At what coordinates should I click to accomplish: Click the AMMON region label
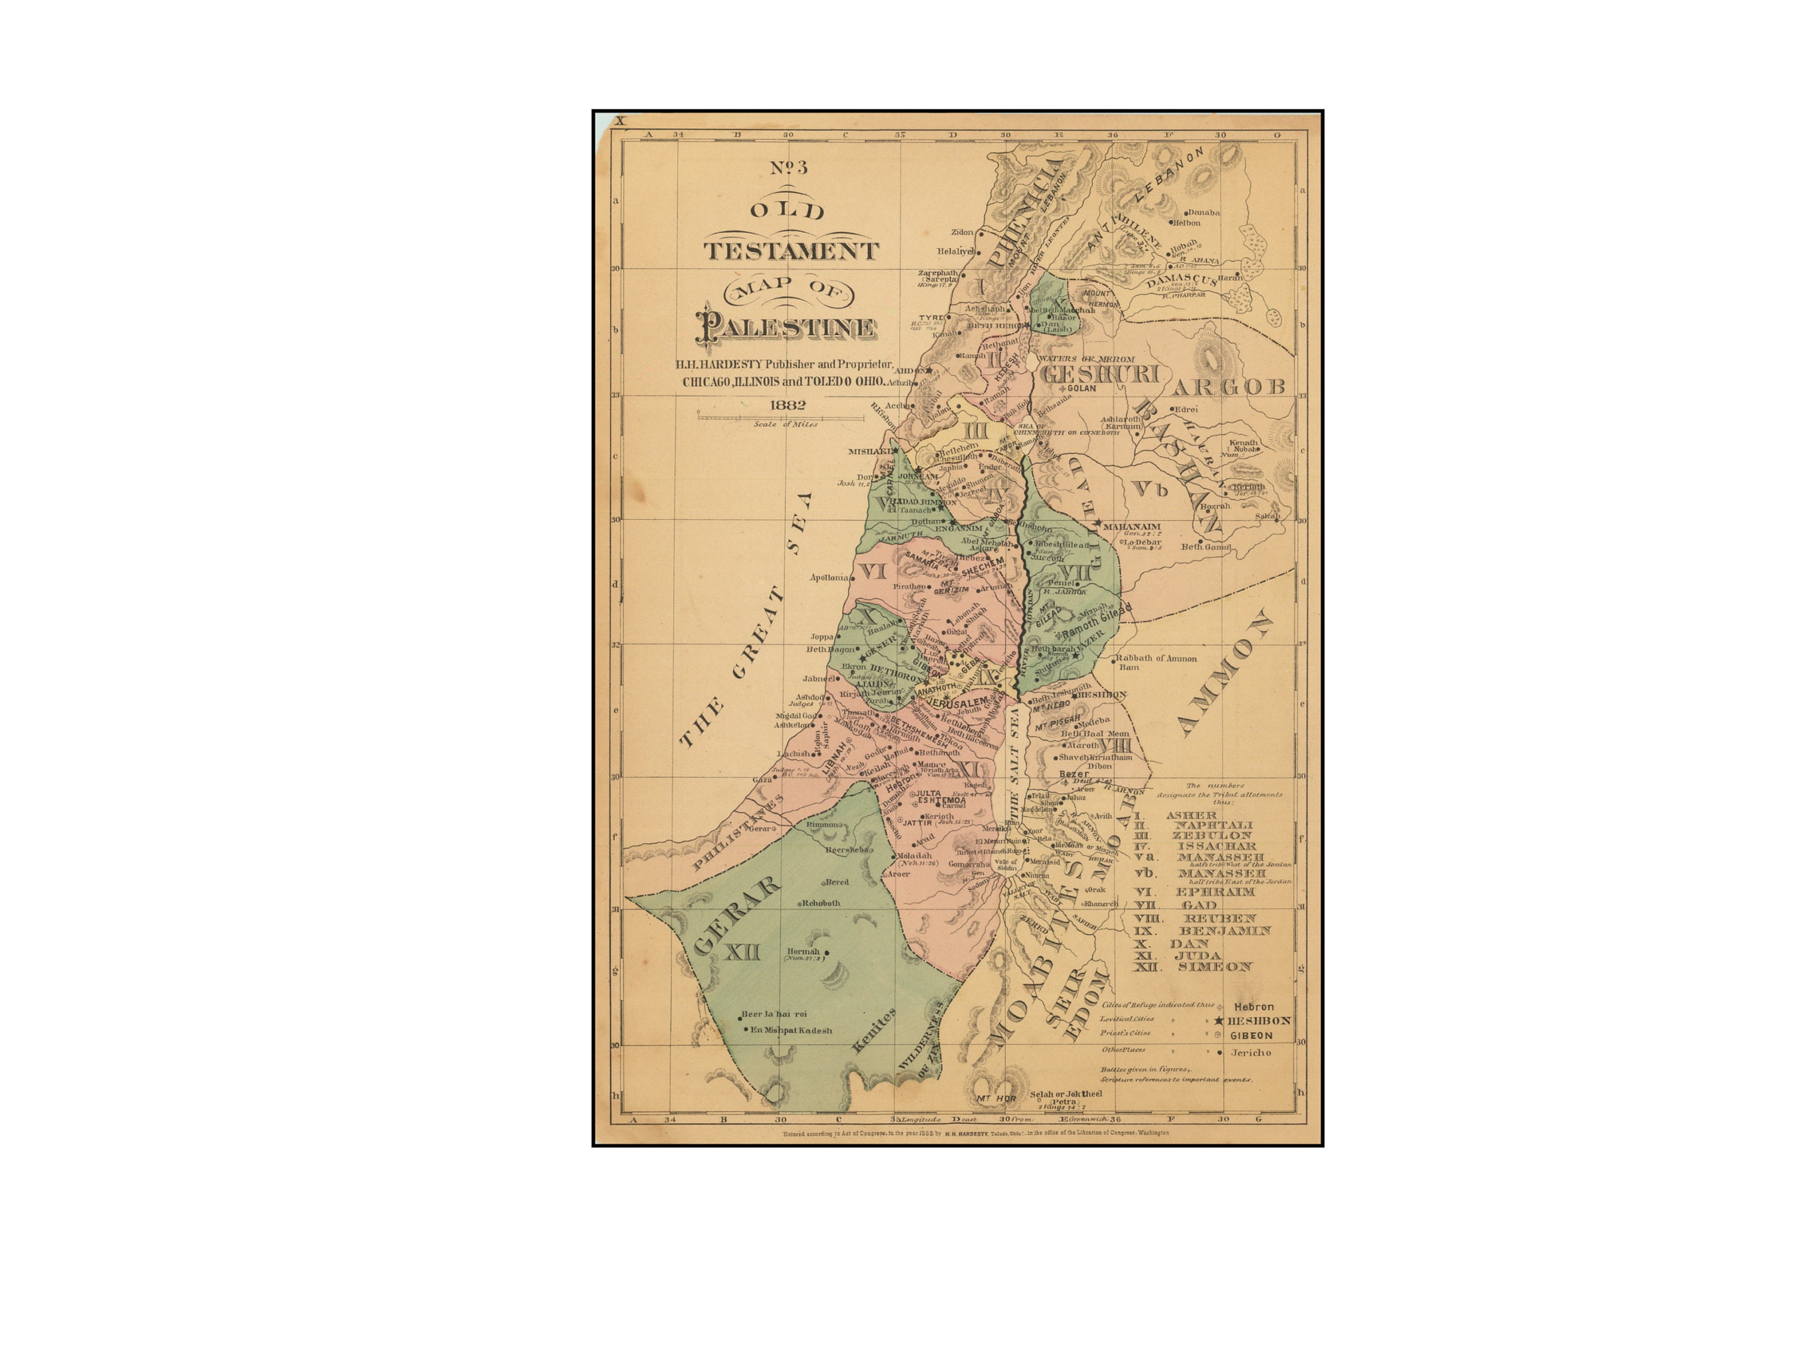1223,675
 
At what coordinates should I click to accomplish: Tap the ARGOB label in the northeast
1228,387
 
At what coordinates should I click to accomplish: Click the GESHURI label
1099,374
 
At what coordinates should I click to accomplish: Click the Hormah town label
803,951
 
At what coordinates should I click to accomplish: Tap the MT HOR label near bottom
995,1099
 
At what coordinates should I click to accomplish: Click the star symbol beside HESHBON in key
1218,1020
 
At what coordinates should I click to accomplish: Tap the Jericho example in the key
1250,1052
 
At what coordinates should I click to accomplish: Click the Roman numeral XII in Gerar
741,951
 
